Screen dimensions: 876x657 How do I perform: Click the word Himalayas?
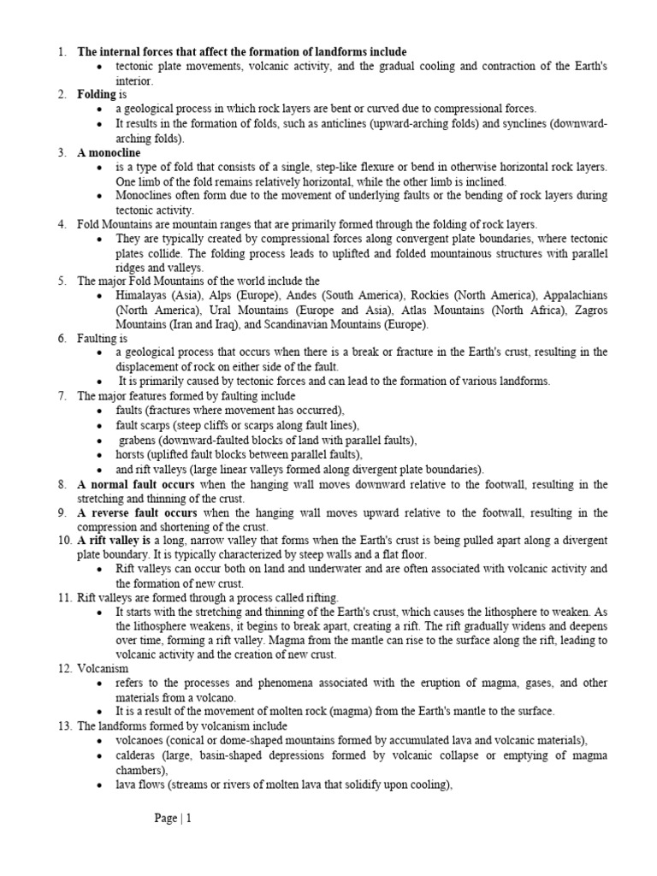pos(144,296)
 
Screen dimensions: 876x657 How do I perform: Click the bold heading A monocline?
pos(109,153)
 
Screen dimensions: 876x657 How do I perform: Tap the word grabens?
pos(139,441)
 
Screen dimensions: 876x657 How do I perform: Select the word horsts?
pos(133,455)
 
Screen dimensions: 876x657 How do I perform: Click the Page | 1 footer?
pos(173,819)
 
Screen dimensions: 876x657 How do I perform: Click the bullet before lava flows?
pos(101,784)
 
